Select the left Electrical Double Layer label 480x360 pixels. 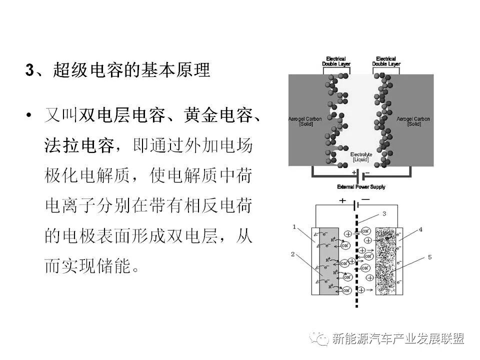click(x=336, y=61)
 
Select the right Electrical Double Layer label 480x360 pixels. click(x=386, y=61)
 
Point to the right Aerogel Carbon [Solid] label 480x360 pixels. click(x=413, y=121)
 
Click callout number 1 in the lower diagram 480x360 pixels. click(x=294, y=227)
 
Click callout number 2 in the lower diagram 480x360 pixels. click(x=293, y=254)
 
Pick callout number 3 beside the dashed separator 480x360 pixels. click(x=383, y=214)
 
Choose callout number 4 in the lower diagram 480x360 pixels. click(x=420, y=229)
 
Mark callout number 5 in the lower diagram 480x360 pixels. click(x=429, y=258)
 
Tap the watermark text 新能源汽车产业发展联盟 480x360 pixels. click(x=398, y=338)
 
